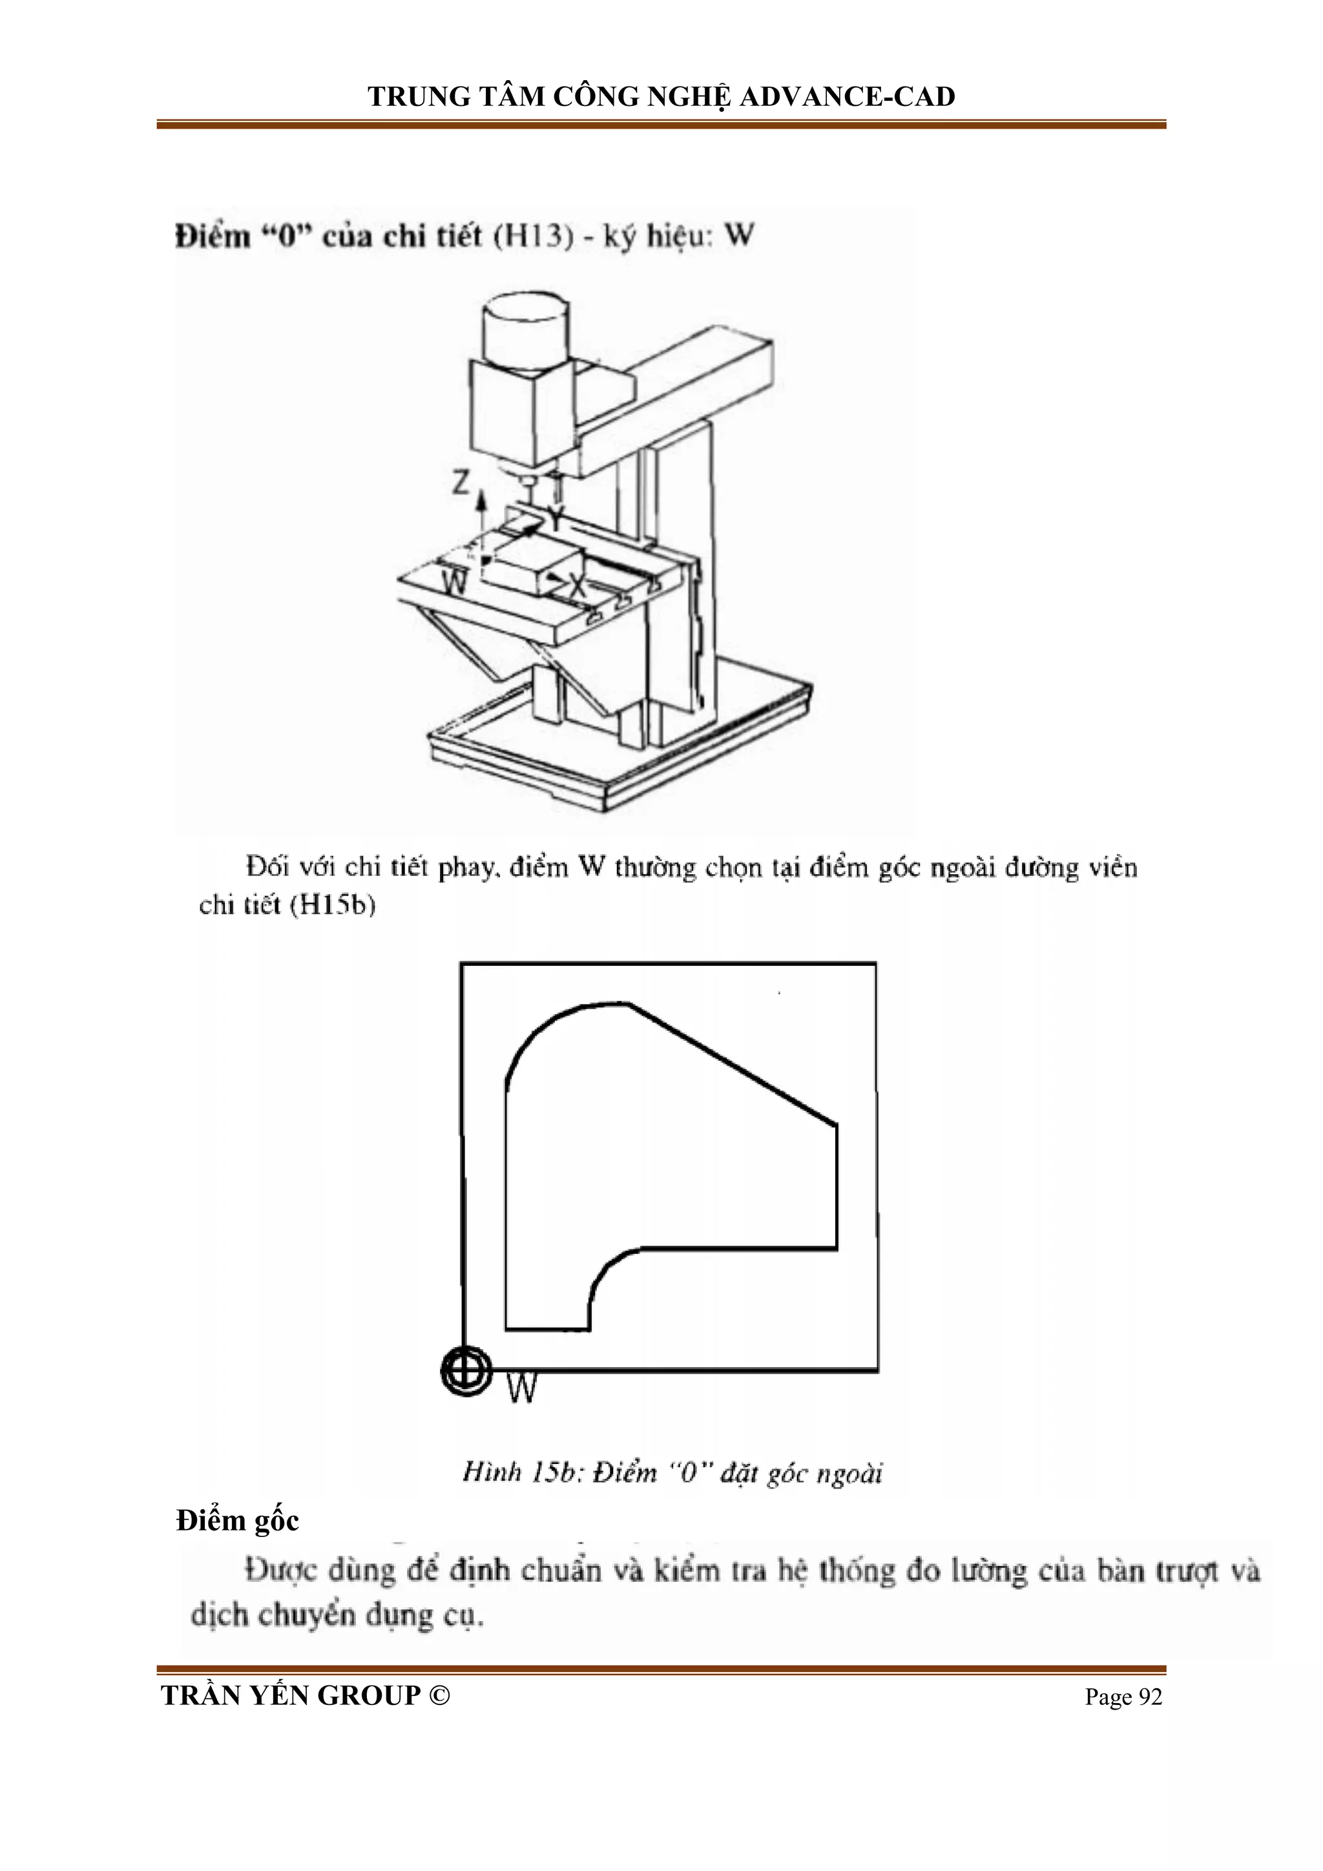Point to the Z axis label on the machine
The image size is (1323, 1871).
[x=461, y=483]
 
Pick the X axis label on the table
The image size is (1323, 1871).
[x=577, y=584]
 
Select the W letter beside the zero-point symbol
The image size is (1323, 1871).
[x=521, y=1388]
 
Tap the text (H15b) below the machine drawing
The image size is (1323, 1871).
[x=333, y=905]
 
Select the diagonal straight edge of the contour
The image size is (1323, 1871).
[x=733, y=1065]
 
